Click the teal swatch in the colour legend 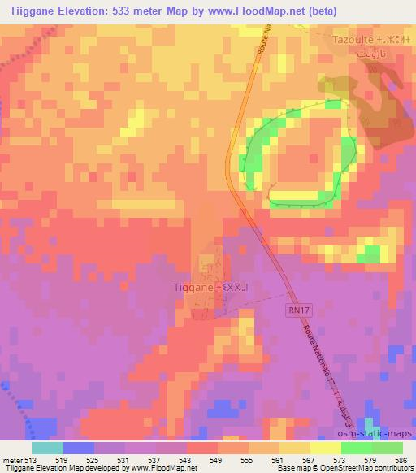(x=48, y=448)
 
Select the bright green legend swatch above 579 (x=357, y=448)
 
